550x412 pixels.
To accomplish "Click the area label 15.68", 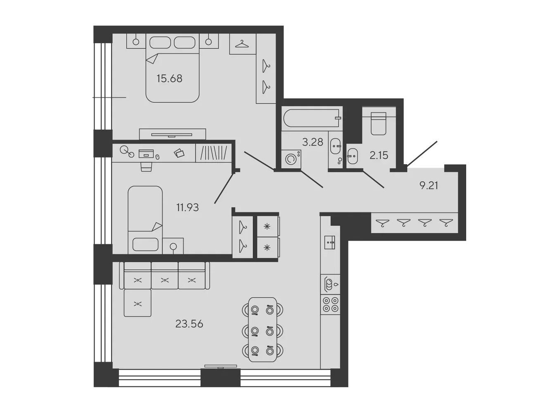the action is tap(169, 78).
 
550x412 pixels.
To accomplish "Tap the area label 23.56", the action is tap(189, 324).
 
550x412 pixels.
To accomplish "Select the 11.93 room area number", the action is tap(187, 207).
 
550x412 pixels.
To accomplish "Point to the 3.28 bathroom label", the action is tap(313, 142).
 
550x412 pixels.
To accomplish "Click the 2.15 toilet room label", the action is tap(379, 155).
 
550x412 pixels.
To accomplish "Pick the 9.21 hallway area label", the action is tap(429, 186).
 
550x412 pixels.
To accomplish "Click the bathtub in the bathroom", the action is tap(312, 118).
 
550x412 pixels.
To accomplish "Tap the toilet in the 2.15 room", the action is tap(378, 124).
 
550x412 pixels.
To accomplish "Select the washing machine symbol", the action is tap(291, 159).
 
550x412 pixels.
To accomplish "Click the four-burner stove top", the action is tap(330, 304).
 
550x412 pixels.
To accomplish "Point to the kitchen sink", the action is tap(330, 242).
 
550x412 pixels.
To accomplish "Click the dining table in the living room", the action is tap(263, 330).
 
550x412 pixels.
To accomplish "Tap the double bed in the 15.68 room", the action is tap(173, 68).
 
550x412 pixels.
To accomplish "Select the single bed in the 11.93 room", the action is tap(145, 220).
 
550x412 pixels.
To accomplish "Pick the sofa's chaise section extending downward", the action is tap(137, 303).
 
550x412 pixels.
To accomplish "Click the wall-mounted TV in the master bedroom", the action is tap(172, 135).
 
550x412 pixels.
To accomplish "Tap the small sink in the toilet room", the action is tap(353, 156).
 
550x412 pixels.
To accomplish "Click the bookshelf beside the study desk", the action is tap(213, 153).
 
